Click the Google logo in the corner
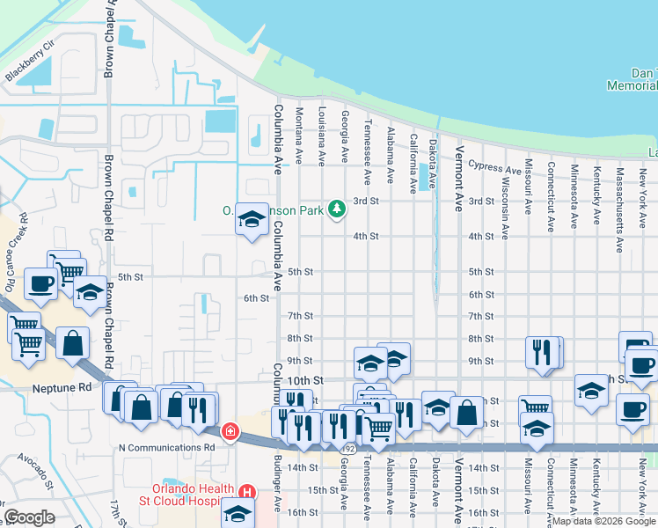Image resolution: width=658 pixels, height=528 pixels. coord(29,517)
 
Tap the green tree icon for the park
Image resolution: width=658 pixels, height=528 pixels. coord(335,209)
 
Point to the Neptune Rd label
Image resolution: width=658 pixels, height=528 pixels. coord(62,387)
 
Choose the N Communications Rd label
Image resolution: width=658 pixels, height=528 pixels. coord(166,447)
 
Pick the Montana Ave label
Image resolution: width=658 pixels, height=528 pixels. coord(299,136)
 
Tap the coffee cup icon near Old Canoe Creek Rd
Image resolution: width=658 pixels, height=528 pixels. coord(40,283)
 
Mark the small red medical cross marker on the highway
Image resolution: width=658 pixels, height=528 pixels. coord(230,431)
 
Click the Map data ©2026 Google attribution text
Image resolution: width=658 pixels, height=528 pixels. coord(603,521)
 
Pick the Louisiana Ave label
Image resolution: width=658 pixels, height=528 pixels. coord(322,136)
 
